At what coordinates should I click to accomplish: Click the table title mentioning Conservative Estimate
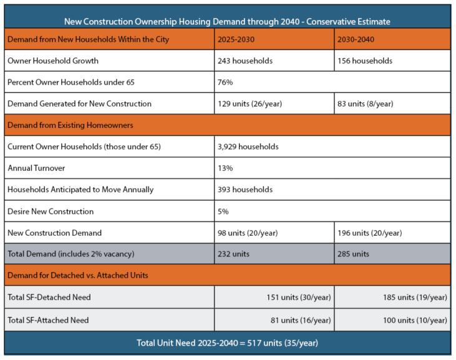tap(227, 21)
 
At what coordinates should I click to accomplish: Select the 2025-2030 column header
tap(236, 40)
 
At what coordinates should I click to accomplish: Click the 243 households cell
tap(245, 61)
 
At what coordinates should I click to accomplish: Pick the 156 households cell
tap(365, 61)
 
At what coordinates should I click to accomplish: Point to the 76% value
tap(225, 82)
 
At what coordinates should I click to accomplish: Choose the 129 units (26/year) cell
tap(250, 104)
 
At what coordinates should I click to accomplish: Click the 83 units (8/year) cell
tap(365, 104)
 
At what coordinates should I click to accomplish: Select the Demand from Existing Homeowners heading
tap(70, 125)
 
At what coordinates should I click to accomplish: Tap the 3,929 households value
tap(248, 147)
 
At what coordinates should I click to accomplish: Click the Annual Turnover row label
tap(36, 168)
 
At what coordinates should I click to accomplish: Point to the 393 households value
tap(245, 189)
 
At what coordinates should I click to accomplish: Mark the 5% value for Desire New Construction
tap(223, 212)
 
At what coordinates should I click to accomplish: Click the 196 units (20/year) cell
tap(369, 233)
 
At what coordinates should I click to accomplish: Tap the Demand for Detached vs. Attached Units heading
tap(77, 275)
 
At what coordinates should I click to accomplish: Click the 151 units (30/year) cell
tap(298, 298)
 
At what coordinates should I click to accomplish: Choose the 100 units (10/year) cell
tap(415, 320)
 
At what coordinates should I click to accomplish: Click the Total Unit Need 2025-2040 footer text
tap(227, 343)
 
